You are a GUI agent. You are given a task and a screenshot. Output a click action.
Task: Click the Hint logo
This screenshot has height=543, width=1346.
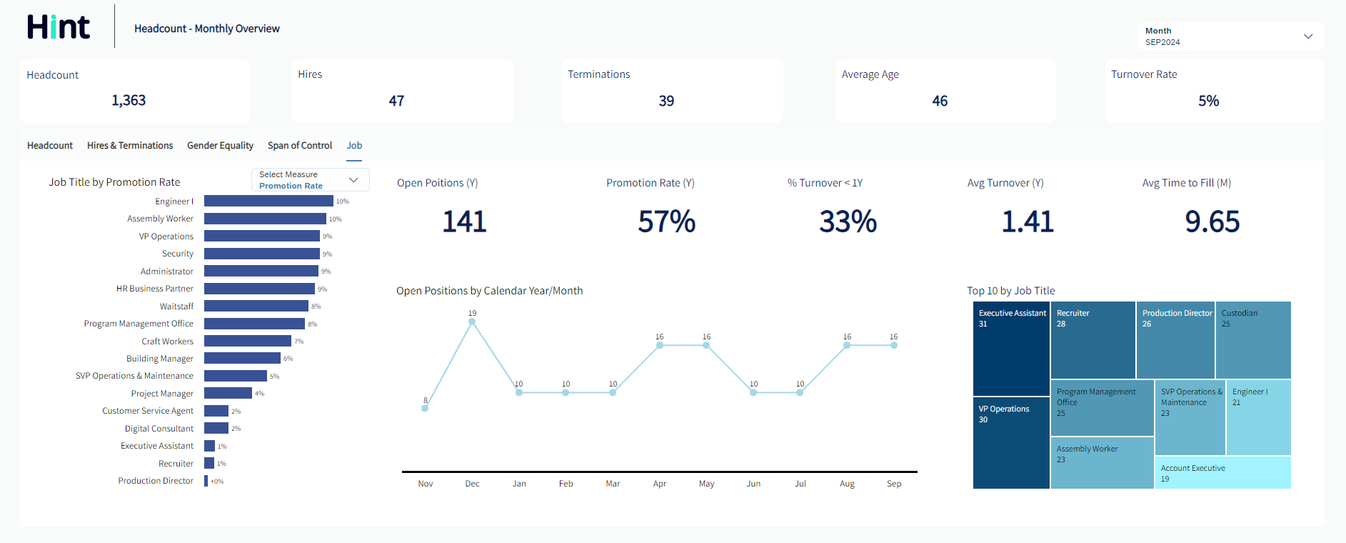point(59,27)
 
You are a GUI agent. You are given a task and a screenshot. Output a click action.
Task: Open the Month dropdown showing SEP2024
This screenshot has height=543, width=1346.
point(1230,36)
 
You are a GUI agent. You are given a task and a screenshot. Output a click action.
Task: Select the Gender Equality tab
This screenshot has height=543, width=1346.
point(220,146)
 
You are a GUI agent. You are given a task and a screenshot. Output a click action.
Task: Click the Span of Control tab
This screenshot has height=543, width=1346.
point(300,146)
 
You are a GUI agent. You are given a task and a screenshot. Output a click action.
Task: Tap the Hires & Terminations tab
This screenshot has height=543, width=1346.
point(130,146)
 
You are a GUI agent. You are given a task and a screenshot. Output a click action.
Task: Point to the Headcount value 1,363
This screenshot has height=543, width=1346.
point(129,101)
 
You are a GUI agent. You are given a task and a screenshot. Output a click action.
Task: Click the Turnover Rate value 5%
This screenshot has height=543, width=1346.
point(1208,101)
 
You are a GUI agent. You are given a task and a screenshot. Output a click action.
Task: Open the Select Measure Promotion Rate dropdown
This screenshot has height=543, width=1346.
point(311,180)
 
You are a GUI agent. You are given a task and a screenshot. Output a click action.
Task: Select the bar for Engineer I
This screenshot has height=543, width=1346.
point(268,201)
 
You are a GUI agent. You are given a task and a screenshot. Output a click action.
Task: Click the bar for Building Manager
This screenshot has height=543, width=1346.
point(242,358)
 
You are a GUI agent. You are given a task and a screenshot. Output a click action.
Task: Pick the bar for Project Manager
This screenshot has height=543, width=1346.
point(228,393)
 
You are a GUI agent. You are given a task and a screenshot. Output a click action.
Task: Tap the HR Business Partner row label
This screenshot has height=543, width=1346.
point(155,289)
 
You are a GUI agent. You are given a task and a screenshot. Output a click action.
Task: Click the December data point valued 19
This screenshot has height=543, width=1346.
point(472,322)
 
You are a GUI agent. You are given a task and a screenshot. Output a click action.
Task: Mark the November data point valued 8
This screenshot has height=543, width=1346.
point(425,408)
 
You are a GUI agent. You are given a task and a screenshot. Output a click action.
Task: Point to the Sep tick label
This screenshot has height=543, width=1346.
point(894,484)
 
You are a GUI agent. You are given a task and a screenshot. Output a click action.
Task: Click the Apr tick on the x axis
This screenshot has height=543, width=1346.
point(660,484)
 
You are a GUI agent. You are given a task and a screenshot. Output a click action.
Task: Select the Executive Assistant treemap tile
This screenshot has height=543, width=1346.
point(1011,349)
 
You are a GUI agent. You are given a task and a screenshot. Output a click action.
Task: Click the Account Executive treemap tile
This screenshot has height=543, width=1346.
point(1222,473)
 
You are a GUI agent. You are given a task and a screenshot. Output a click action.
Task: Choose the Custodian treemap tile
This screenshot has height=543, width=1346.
point(1253,340)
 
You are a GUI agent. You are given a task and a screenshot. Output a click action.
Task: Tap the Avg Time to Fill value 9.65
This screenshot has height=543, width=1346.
point(1212,222)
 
